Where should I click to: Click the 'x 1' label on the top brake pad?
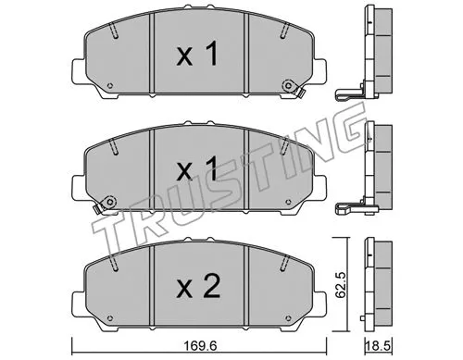tap(197, 57)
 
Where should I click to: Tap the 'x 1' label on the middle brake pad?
tap(197, 172)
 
